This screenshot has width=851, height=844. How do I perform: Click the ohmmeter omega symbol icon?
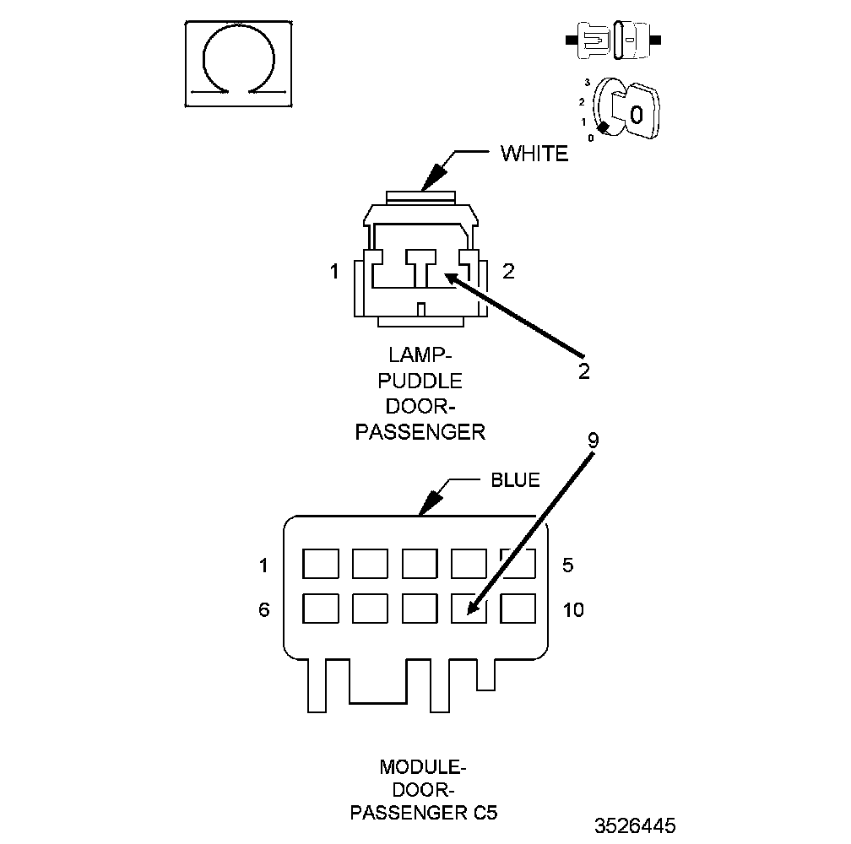click(x=239, y=63)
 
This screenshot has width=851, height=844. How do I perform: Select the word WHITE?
click(x=534, y=154)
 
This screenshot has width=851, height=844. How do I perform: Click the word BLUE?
click(x=515, y=480)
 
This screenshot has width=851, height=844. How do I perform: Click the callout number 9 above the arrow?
click(x=593, y=440)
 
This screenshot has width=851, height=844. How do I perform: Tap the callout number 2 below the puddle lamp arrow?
click(x=584, y=371)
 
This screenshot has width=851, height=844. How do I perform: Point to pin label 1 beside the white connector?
click(x=335, y=272)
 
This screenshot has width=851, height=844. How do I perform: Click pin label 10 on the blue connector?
click(x=573, y=609)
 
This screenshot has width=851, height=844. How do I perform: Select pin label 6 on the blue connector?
click(x=264, y=609)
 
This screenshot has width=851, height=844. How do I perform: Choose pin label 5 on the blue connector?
click(x=567, y=565)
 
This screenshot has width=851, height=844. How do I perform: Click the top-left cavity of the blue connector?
click(x=321, y=563)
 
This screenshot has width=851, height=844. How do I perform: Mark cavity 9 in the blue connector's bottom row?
click(x=469, y=608)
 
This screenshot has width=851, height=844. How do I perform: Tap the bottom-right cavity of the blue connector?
click(x=518, y=608)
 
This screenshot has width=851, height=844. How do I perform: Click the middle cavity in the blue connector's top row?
click(x=420, y=563)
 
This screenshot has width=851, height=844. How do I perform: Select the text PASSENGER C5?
click(x=424, y=814)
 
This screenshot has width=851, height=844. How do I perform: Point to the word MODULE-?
click(x=423, y=767)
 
